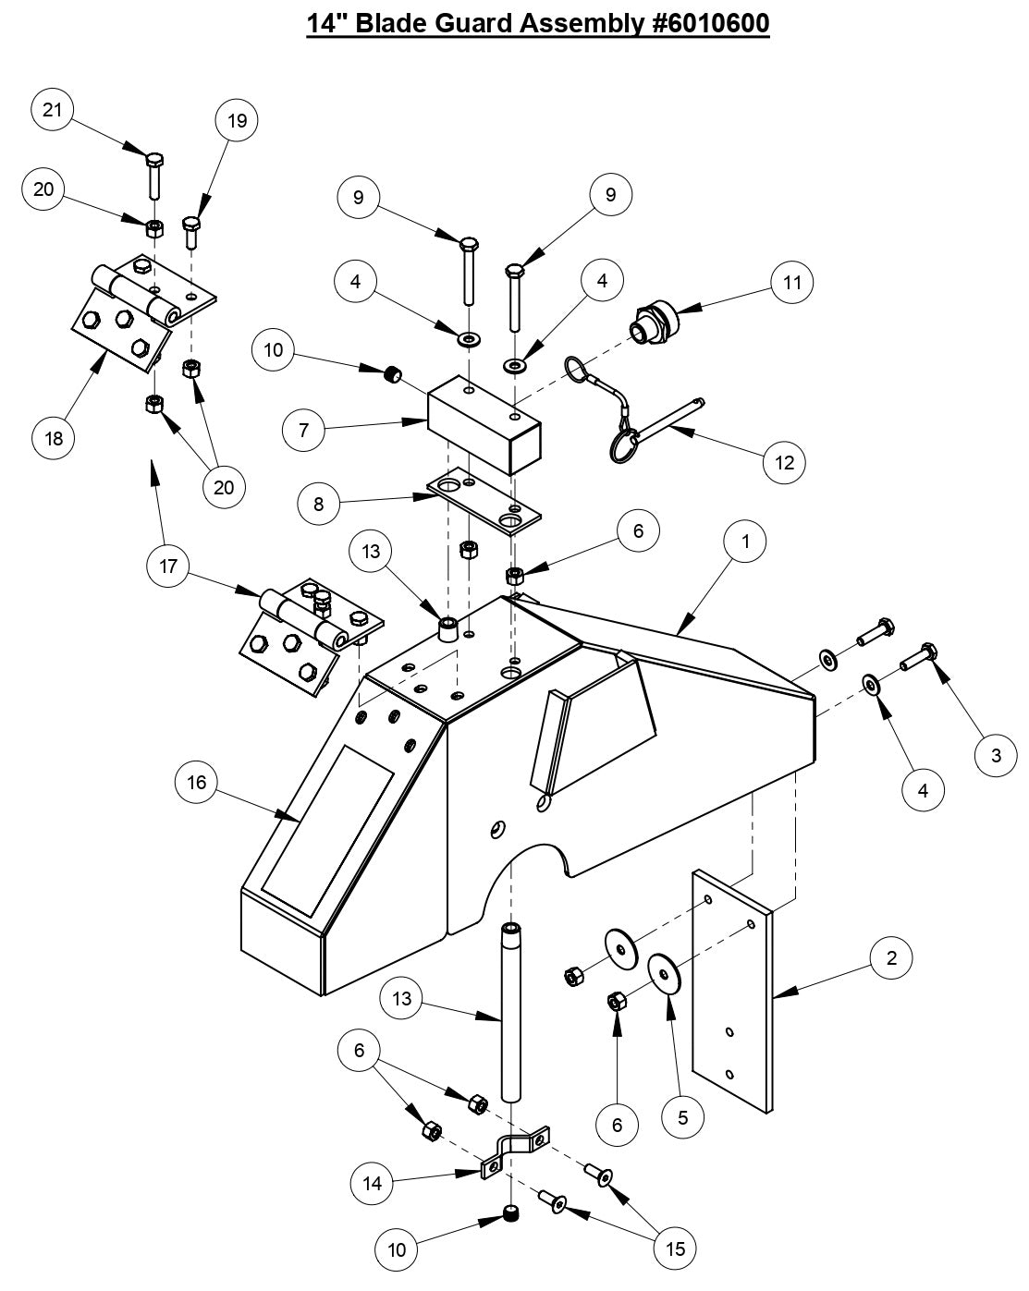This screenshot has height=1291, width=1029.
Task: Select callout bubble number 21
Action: point(54,110)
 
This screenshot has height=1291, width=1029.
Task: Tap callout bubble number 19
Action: point(237,120)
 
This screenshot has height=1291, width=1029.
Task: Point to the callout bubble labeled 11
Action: point(792,282)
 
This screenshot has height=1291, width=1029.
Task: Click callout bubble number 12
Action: point(784,462)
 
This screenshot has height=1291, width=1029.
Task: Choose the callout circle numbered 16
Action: point(197,783)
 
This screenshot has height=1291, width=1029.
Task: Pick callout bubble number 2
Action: point(890,958)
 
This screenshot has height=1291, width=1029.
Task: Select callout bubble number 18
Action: point(54,437)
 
